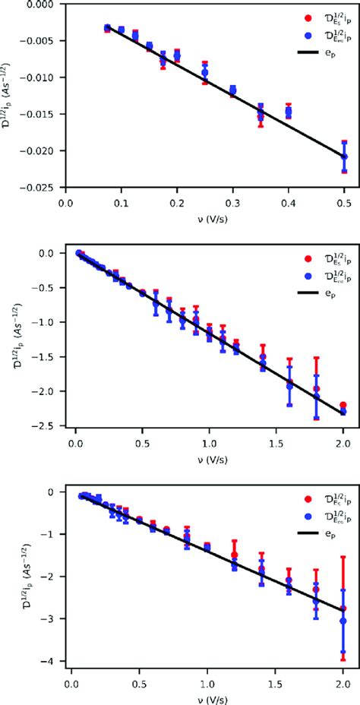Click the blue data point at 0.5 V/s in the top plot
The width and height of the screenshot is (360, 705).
pos(344,156)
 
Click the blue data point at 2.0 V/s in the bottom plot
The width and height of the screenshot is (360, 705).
pos(343,621)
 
